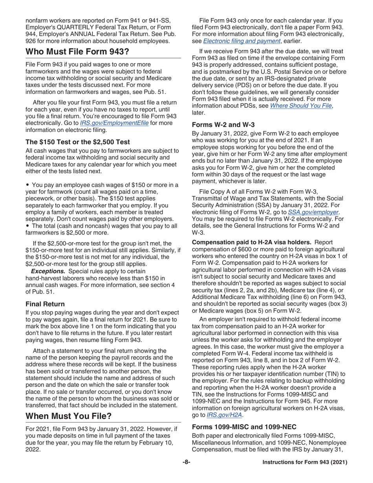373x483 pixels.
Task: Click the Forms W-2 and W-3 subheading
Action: click(x=223, y=125)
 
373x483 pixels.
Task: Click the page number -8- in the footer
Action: click(x=186, y=462)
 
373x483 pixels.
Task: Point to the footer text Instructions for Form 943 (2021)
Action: click(x=304, y=462)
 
